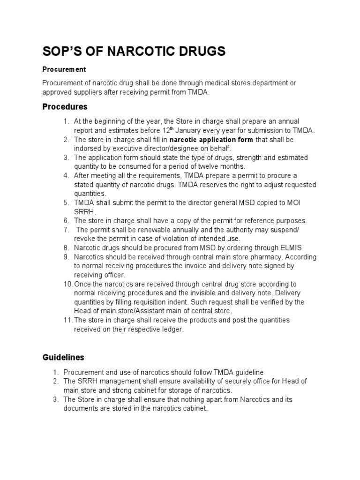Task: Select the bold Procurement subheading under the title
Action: [64, 69]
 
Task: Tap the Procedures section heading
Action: [65, 107]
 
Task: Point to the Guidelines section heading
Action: [63, 357]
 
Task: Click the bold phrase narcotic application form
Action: [211, 140]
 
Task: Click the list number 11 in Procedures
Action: [67, 320]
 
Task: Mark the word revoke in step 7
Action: [84, 239]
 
